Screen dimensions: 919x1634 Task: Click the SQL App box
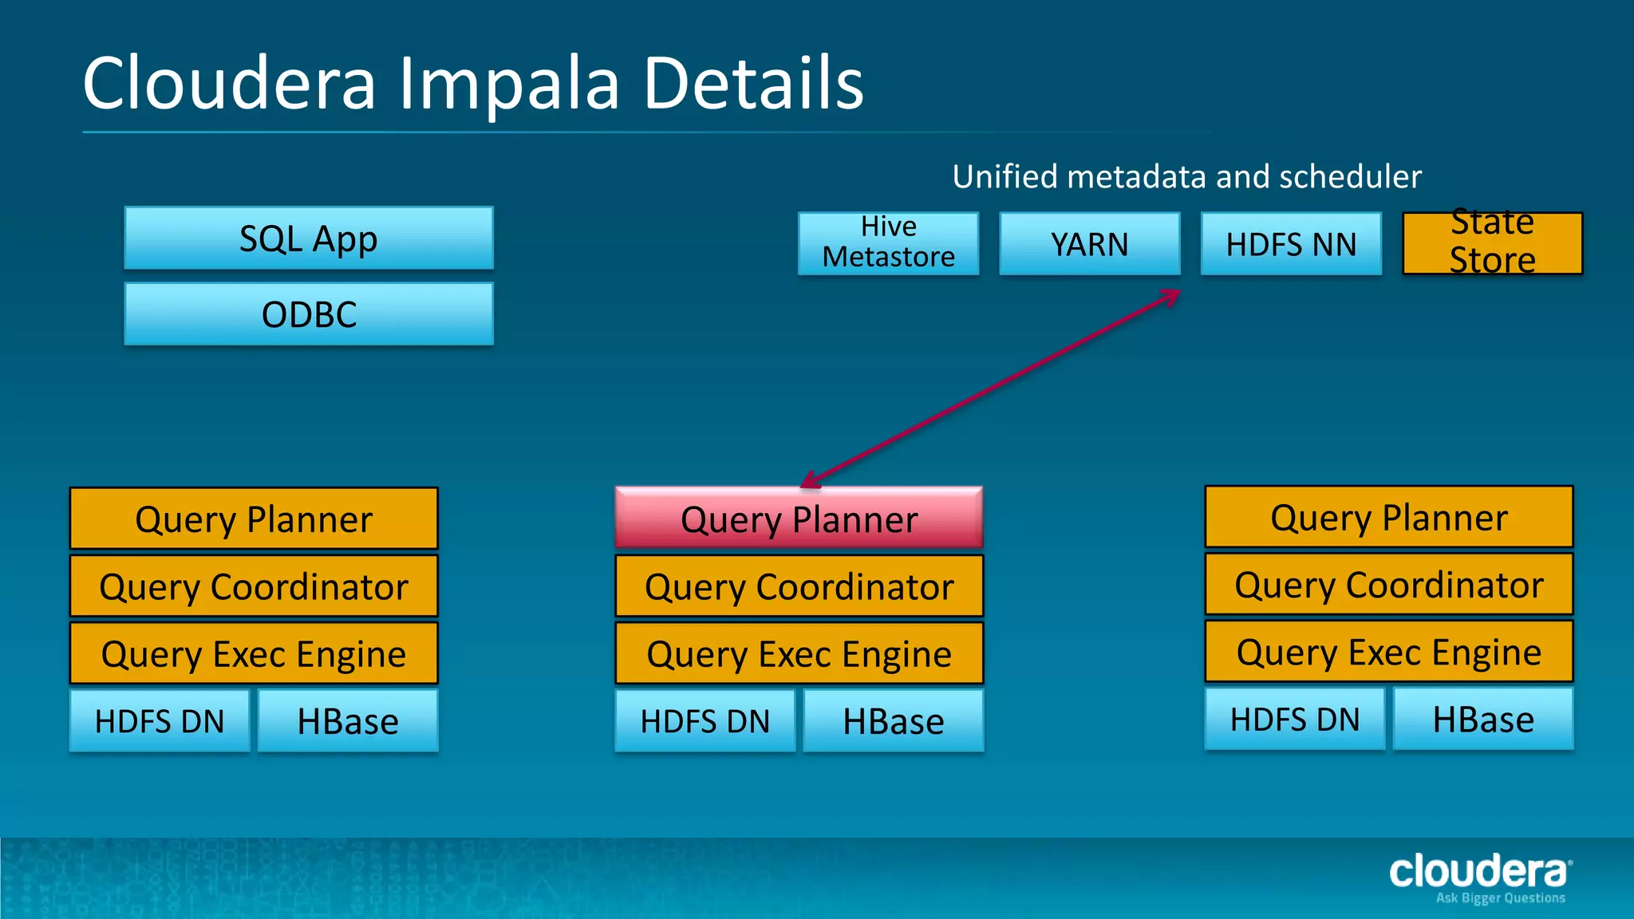point(309,239)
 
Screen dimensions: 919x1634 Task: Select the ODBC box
point(309,314)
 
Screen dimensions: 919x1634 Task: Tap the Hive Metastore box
point(888,243)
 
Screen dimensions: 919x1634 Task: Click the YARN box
point(1089,243)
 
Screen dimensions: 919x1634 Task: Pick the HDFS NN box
point(1291,243)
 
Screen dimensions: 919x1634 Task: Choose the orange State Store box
point(1492,243)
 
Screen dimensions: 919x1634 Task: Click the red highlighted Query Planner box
point(799,519)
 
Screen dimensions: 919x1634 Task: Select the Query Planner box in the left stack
point(254,519)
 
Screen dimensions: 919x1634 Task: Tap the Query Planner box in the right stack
point(1388,517)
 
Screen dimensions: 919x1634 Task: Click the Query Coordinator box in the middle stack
point(799,586)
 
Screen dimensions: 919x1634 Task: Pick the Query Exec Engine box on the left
point(254,653)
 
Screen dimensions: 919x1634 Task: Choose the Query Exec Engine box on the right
point(1388,652)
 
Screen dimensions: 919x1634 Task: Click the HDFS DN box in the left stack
point(160,721)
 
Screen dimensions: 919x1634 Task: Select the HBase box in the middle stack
point(893,721)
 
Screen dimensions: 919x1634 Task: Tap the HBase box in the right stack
point(1482,719)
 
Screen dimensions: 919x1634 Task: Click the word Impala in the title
point(509,84)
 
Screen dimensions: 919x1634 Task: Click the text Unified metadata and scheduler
point(1186,176)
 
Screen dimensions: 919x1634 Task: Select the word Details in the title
point(753,84)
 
